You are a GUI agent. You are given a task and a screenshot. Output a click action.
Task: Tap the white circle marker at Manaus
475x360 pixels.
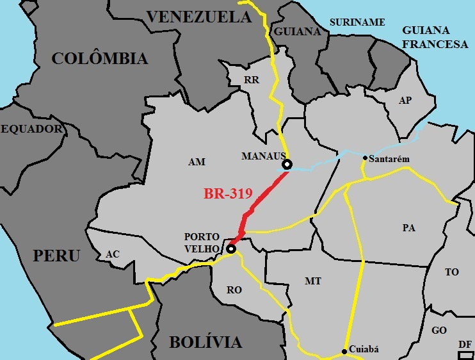pyautogui.click(x=287, y=165)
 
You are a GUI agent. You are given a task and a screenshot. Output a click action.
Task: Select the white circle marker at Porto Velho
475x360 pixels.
pyautogui.click(x=230, y=249)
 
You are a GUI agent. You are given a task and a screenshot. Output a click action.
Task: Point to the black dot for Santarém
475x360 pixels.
pyautogui.click(x=365, y=158)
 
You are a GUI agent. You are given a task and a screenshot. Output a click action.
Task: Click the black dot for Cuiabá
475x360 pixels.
pyautogui.click(x=345, y=350)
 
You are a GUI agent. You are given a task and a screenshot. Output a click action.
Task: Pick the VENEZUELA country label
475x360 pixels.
pyautogui.click(x=199, y=17)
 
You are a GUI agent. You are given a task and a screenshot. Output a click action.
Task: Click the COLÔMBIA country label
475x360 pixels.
pyautogui.click(x=99, y=59)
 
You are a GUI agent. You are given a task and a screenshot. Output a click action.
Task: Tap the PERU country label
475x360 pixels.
pyautogui.click(x=57, y=256)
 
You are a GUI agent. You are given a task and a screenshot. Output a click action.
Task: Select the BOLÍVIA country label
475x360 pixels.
pyautogui.click(x=205, y=342)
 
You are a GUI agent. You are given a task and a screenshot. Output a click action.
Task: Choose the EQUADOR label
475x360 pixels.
pyautogui.click(x=32, y=129)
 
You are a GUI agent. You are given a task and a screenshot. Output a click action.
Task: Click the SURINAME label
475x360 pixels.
pyautogui.click(x=357, y=22)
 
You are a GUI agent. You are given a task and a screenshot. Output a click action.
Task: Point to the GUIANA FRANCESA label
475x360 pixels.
pyautogui.click(x=435, y=37)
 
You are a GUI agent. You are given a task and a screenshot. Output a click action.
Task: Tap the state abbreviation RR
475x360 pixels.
pyautogui.click(x=251, y=80)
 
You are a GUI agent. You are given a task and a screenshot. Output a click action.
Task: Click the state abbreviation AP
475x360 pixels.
pyautogui.click(x=405, y=101)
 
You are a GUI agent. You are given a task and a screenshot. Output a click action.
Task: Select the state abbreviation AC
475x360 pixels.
pyautogui.click(x=113, y=254)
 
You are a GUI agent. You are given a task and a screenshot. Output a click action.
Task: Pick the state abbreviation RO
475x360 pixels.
pyautogui.click(x=234, y=290)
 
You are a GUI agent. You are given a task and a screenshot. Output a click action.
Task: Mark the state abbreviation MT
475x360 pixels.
pyautogui.click(x=313, y=281)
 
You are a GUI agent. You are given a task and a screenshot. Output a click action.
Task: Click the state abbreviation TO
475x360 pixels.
pyautogui.click(x=452, y=272)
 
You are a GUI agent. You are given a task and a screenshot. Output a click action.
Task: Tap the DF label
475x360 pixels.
pyautogui.click(x=465, y=345)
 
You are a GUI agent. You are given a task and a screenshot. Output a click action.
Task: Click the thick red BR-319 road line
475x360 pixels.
pyautogui.click(x=264, y=195)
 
